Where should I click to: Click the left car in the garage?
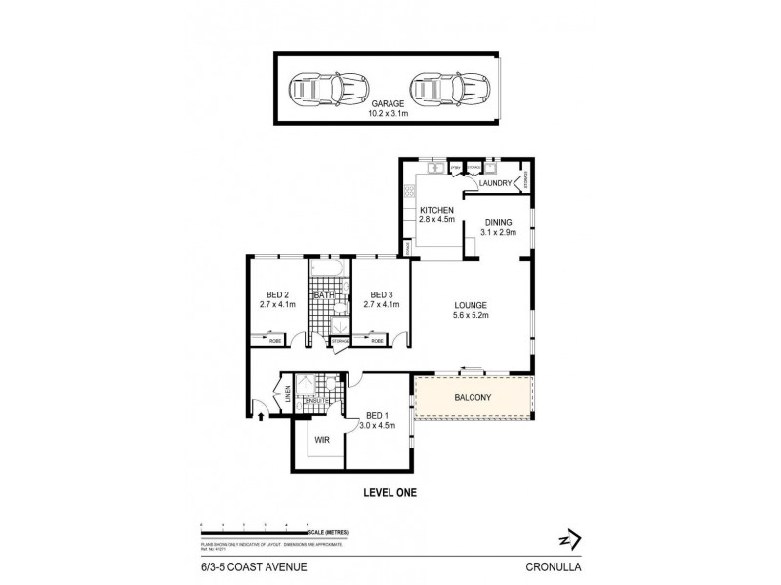(x=323, y=88)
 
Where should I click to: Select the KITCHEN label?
(x=435, y=211)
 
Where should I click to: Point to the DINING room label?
(x=498, y=222)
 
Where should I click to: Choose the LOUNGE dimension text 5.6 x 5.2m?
(x=471, y=315)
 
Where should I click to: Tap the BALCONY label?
(x=473, y=398)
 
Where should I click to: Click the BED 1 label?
(x=376, y=416)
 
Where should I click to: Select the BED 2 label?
(x=277, y=294)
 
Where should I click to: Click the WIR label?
(x=321, y=439)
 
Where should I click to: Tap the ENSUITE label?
(x=318, y=401)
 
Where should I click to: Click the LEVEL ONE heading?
(x=390, y=493)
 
